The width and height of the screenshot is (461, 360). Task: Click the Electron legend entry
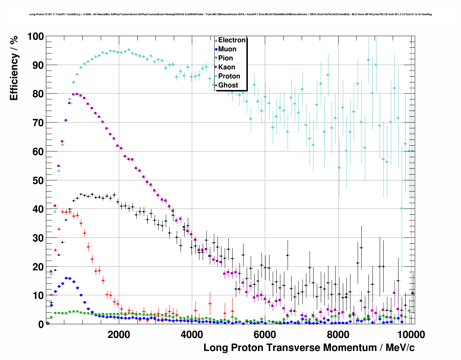(232, 40)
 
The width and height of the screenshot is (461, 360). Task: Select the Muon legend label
(227, 49)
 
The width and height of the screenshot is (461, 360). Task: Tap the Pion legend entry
(225, 58)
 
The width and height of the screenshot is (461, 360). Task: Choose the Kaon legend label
(227, 67)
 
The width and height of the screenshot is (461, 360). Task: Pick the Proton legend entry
(229, 76)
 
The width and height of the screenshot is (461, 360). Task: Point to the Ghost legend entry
(228, 85)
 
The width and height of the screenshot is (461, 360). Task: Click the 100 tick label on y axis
(35, 37)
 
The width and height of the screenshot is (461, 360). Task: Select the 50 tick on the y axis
(38, 180)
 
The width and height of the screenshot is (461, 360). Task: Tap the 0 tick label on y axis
(41, 325)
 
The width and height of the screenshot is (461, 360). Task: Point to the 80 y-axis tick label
(38, 94)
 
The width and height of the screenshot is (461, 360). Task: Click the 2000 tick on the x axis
(119, 334)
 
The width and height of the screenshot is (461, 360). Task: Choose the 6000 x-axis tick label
(265, 334)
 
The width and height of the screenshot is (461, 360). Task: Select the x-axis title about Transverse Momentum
(309, 348)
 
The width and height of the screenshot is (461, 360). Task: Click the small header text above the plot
(230, 14)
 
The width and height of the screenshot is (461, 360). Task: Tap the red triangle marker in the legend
(216, 40)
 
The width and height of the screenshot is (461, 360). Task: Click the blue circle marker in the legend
(216, 49)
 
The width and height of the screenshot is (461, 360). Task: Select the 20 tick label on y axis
(38, 267)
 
